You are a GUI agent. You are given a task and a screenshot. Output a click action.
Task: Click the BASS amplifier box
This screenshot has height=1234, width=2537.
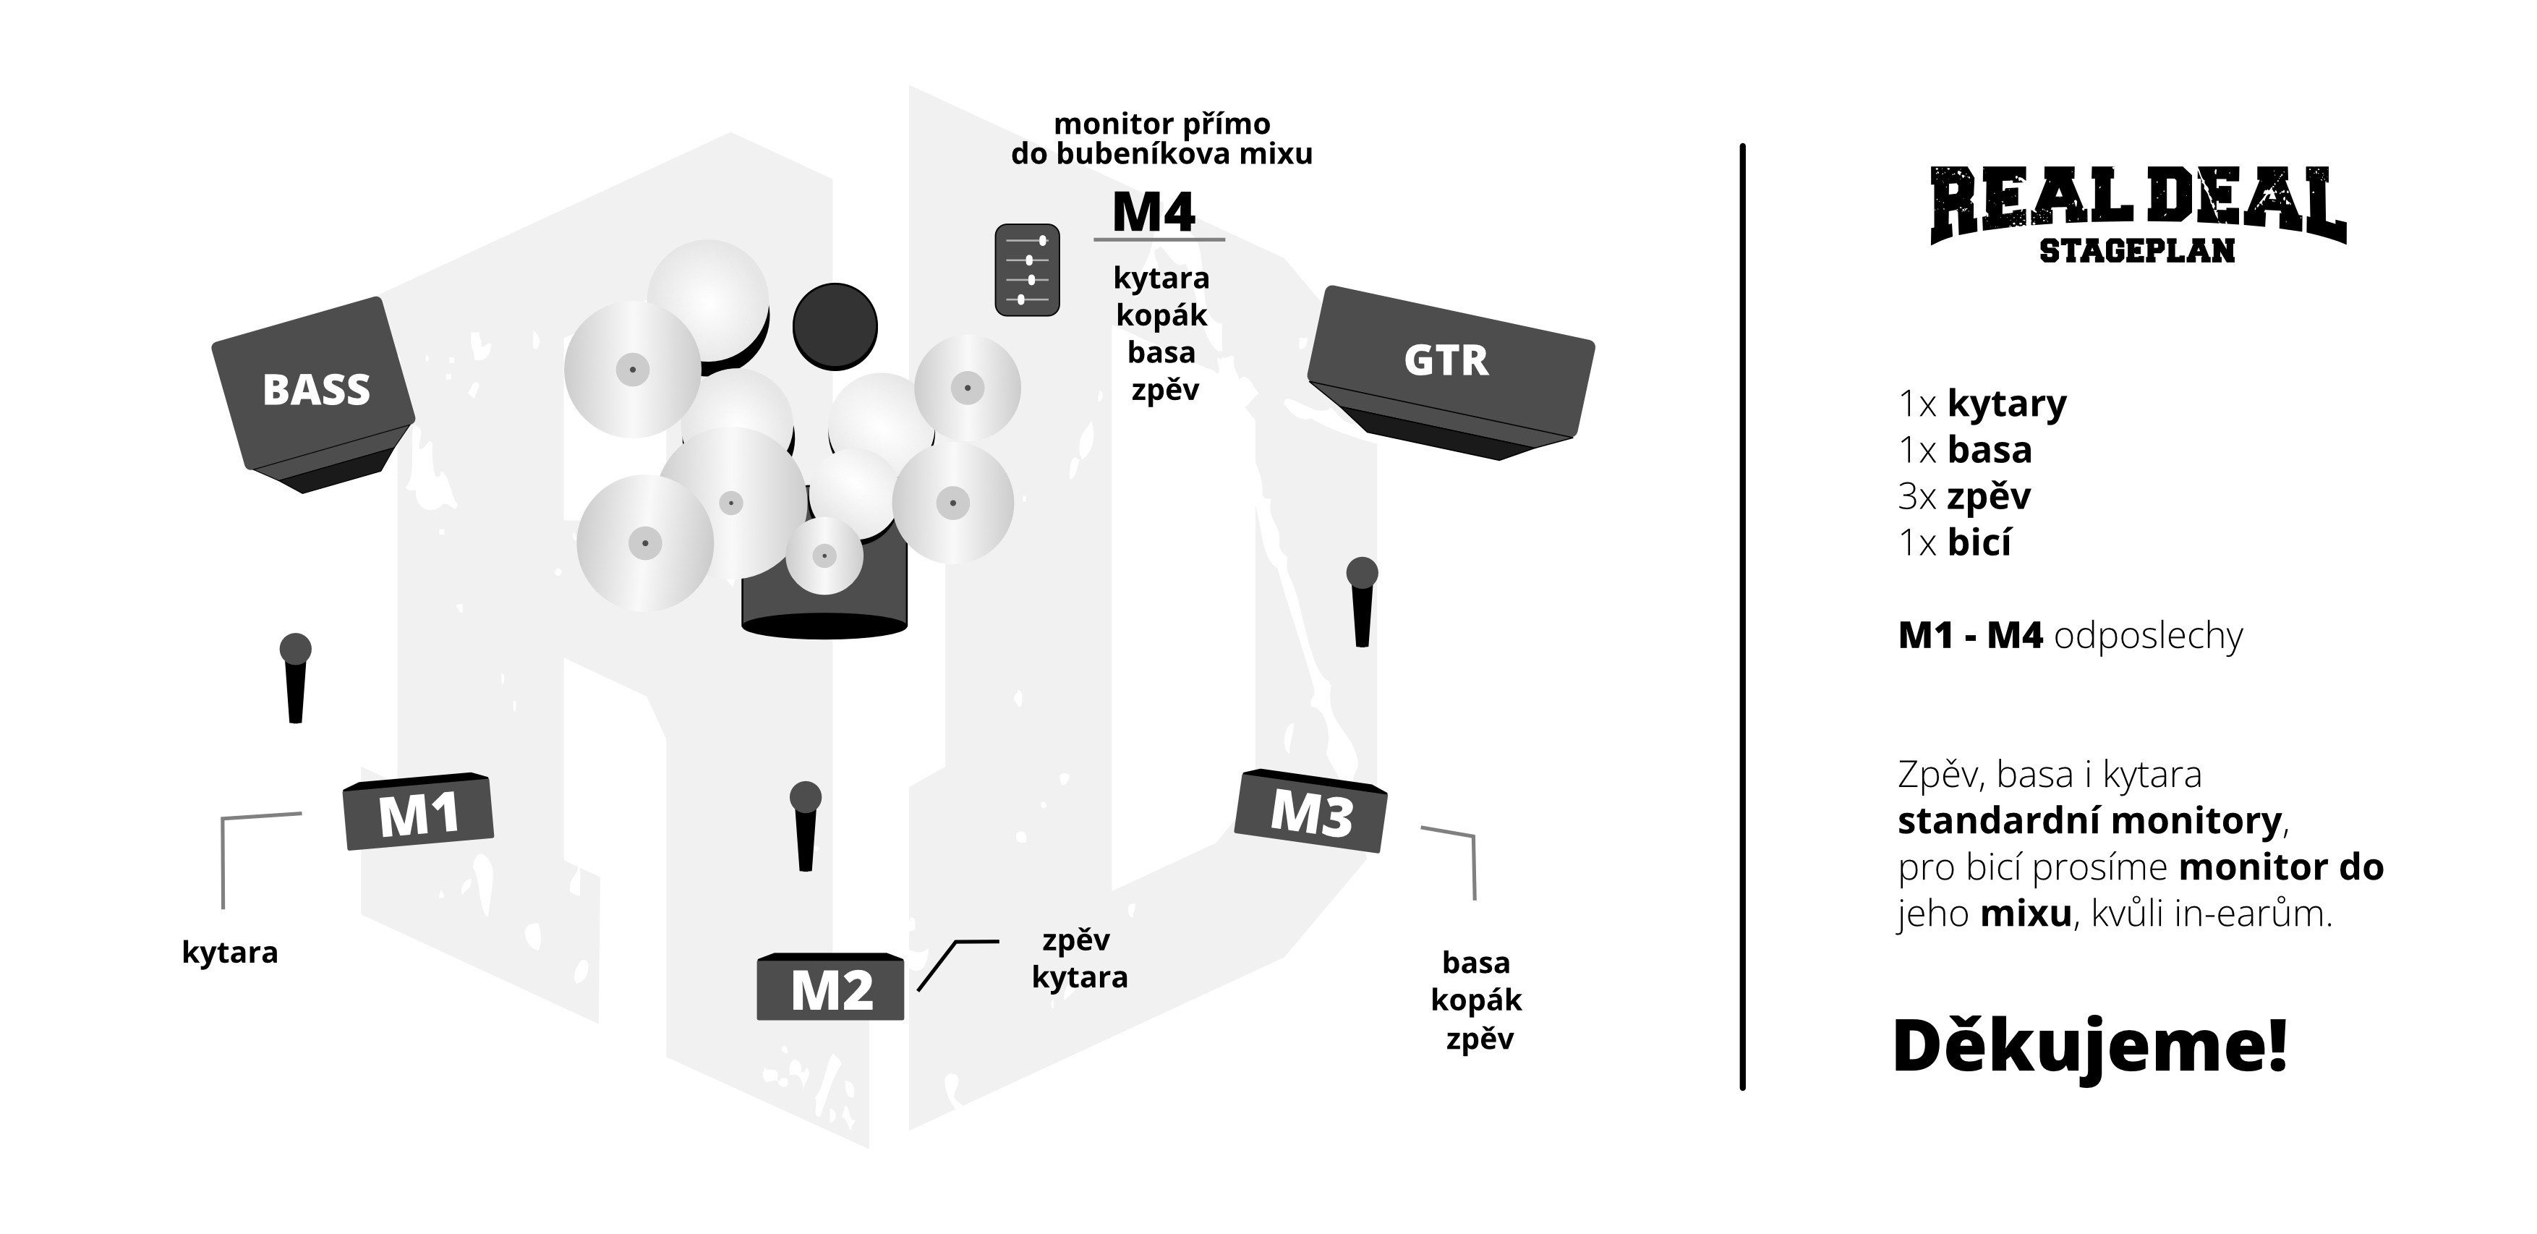point(313,394)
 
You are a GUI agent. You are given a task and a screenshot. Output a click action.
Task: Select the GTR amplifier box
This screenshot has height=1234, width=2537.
point(1450,371)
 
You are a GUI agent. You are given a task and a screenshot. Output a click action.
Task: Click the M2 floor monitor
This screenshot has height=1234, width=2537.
point(830,986)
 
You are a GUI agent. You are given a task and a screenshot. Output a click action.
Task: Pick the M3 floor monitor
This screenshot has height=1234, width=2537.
point(1311,811)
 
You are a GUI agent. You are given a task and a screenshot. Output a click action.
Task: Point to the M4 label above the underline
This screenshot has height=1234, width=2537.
point(1154,212)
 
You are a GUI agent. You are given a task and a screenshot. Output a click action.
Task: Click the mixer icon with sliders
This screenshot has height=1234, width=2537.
point(1027,270)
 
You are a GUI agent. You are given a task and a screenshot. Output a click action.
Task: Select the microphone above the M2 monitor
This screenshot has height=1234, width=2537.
point(806,825)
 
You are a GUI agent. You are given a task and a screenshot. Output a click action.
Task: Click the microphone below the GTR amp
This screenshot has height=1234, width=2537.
point(1362,602)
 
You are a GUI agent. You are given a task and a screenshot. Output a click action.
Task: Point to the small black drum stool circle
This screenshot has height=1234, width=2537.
point(835,326)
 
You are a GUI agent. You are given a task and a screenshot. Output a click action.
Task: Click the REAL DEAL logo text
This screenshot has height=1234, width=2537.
point(2138,204)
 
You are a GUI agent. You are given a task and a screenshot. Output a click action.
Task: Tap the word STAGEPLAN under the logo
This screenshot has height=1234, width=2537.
point(2137,251)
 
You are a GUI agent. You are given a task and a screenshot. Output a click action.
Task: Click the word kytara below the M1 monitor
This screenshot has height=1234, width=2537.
point(231,953)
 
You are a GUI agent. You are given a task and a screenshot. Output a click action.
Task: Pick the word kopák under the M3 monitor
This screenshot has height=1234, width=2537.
point(1476,1000)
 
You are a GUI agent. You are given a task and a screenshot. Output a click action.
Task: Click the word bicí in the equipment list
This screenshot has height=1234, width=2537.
point(1979,542)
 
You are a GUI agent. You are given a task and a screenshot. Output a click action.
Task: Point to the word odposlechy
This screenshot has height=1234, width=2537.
point(2148,637)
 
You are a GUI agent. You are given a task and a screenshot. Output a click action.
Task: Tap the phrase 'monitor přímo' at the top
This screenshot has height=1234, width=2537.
point(1162,124)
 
